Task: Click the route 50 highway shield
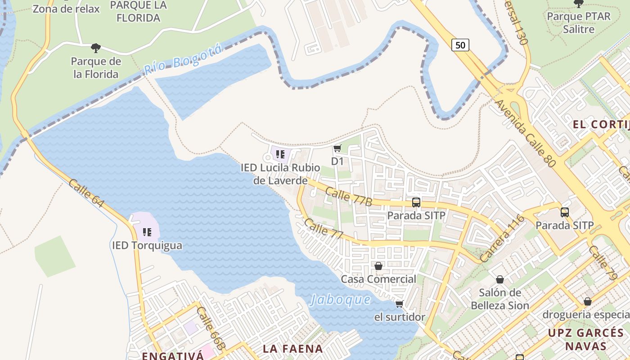point(460,45)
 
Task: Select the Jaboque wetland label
point(340,300)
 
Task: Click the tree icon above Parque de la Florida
point(95,48)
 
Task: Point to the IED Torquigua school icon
point(147,232)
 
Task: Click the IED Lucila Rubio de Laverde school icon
point(280,154)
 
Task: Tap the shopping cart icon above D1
point(337,148)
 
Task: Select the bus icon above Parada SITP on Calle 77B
point(416,202)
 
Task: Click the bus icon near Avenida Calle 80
point(564,212)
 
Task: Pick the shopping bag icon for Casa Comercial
point(378,266)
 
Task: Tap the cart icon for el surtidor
point(399,304)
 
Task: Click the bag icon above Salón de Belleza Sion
point(499,279)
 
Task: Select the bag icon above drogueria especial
point(587,301)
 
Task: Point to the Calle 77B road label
point(348,197)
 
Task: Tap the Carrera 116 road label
point(502,239)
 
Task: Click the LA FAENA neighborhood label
point(292,349)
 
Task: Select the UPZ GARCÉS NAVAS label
point(586,339)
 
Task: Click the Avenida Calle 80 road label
point(526,134)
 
